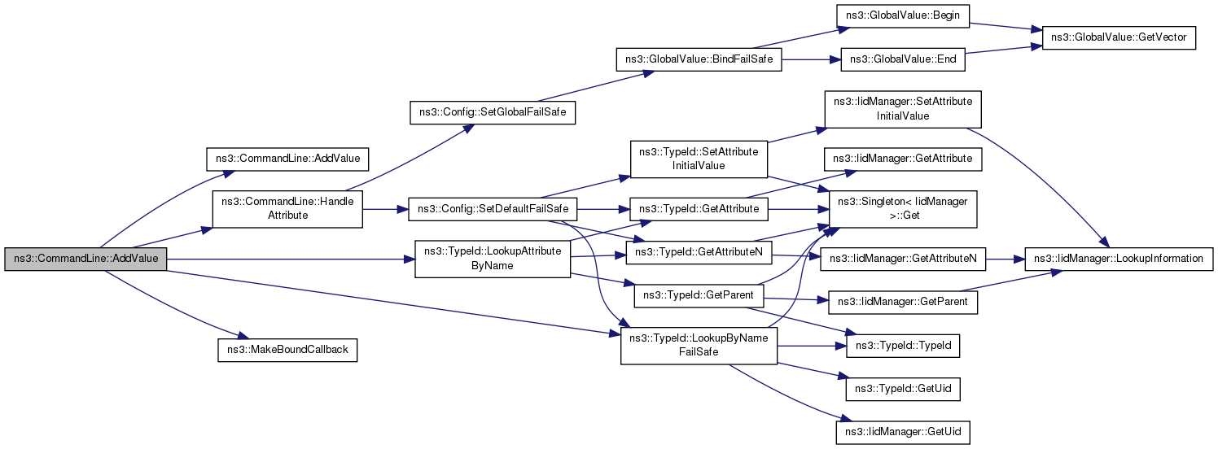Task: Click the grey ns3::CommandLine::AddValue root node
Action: click(x=85, y=259)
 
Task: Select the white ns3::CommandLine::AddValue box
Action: click(x=287, y=159)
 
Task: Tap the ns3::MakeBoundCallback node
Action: click(x=287, y=351)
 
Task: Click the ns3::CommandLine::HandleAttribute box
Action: click(x=287, y=208)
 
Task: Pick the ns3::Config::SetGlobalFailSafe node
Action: click(x=493, y=112)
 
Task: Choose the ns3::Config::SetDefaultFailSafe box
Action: click(x=493, y=209)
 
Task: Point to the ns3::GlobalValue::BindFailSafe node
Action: click(x=699, y=59)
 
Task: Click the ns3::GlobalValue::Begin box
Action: click(x=903, y=15)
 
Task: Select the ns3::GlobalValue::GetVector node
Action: click(x=1119, y=37)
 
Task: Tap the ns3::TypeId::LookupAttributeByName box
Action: click(x=493, y=259)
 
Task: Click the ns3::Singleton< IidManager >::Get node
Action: click(x=903, y=209)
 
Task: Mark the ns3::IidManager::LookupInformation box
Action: click(x=1119, y=259)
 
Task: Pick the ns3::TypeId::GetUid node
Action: click(x=903, y=390)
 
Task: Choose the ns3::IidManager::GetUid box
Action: click(x=903, y=433)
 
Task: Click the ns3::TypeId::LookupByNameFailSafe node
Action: click(x=699, y=346)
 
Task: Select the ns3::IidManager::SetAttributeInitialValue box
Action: click(x=903, y=109)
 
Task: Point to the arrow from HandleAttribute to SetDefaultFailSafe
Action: click(x=386, y=209)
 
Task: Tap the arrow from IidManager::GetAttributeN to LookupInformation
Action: click(x=1005, y=259)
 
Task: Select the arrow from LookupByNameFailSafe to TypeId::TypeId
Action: click(x=812, y=346)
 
